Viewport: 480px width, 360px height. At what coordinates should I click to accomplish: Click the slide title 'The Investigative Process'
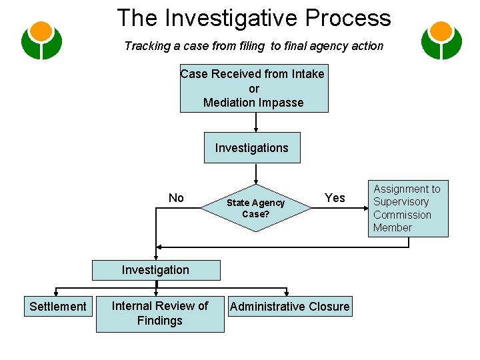tap(253, 17)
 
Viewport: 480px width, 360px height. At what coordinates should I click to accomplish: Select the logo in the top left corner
tap(41, 41)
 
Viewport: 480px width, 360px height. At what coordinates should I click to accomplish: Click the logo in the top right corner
tap(441, 41)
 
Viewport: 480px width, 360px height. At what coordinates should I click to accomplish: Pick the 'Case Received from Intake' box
tap(253, 88)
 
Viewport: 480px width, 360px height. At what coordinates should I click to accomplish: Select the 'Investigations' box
tap(252, 147)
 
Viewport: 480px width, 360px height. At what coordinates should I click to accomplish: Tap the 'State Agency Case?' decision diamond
tap(255, 208)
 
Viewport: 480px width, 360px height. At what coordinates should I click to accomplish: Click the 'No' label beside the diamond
tap(176, 198)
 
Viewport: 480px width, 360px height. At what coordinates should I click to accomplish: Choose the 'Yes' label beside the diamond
tap(335, 198)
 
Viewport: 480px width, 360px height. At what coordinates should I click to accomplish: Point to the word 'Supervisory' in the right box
tap(401, 202)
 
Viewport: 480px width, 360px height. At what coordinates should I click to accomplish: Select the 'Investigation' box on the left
tap(155, 270)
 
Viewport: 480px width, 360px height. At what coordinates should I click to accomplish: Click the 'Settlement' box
tap(58, 307)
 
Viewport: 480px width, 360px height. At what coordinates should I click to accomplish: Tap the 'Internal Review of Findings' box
tap(160, 313)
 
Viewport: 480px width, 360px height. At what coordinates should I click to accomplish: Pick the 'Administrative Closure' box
tap(289, 307)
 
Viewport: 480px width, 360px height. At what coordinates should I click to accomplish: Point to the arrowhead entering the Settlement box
tap(56, 294)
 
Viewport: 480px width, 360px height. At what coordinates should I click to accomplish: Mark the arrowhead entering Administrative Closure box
tap(287, 294)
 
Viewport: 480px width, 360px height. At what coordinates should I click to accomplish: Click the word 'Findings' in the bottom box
tap(160, 321)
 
